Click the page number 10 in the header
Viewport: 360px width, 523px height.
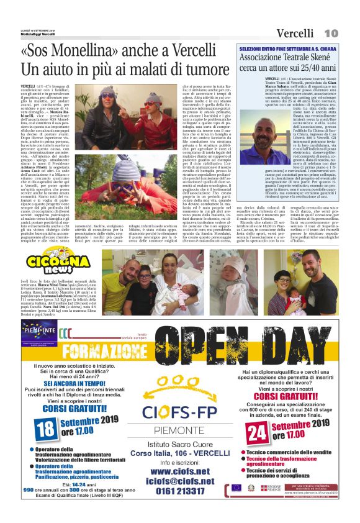pyautogui.click(x=331, y=32)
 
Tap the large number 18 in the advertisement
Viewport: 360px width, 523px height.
pyautogui.click(x=45, y=427)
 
